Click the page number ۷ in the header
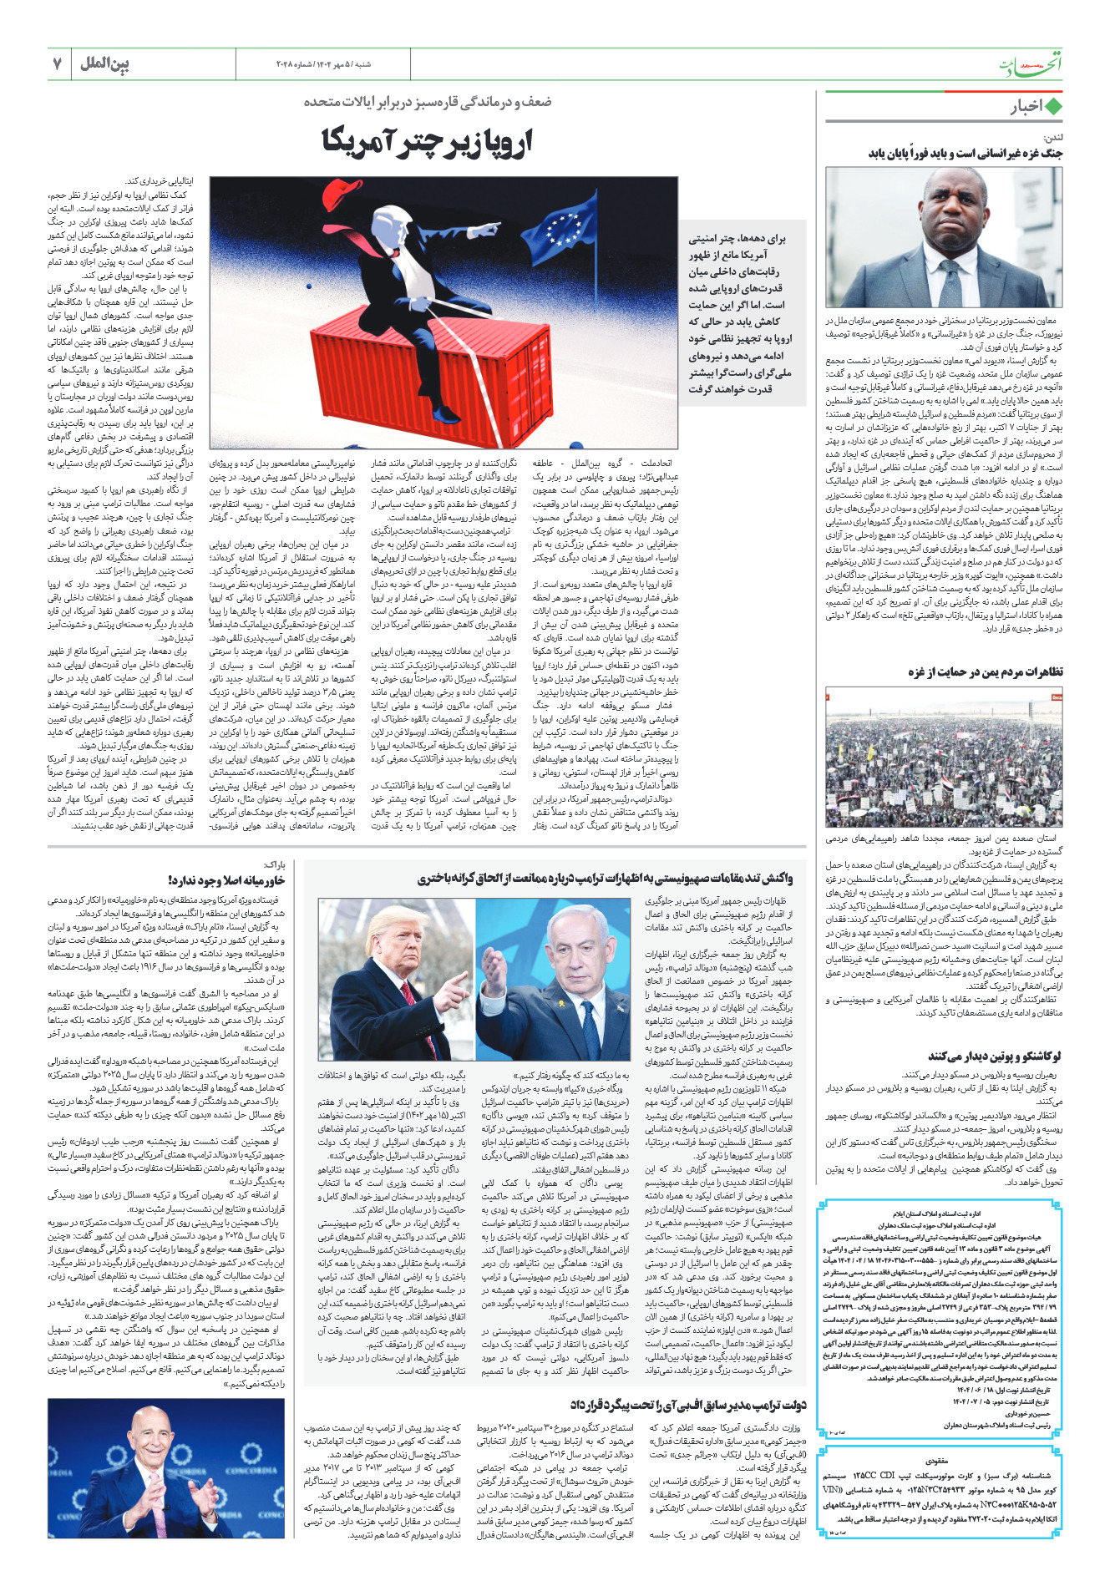(x=57, y=63)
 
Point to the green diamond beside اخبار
(x=1054, y=107)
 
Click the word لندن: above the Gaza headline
(x=1051, y=137)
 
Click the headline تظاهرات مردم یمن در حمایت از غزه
(x=986, y=672)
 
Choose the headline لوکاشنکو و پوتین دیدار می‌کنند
(x=994, y=1056)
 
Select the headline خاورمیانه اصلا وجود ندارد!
(x=226, y=880)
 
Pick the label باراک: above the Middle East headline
(x=275, y=865)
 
